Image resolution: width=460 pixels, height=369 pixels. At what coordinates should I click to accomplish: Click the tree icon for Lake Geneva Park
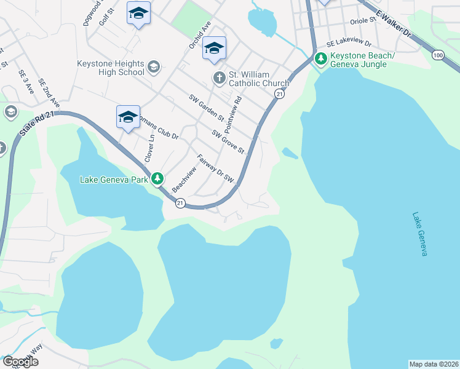158,179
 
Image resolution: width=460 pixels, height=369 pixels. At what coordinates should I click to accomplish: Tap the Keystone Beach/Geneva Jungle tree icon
320,60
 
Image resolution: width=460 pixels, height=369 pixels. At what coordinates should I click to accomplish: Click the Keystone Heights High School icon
153,67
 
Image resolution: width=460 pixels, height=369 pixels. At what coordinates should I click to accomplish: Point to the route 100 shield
438,55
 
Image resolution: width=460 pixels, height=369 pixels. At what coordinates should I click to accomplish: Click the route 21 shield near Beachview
180,203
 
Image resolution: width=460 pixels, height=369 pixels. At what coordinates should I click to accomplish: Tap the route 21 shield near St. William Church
280,93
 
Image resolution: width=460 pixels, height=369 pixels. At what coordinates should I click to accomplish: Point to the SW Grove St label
228,141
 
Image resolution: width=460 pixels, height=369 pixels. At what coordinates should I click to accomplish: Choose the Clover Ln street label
149,148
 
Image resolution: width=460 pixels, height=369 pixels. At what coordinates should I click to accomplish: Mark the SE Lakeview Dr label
349,44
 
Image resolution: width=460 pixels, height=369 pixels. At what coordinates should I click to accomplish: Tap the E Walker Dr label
393,24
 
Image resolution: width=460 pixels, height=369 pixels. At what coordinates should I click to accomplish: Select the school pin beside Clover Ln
127,117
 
